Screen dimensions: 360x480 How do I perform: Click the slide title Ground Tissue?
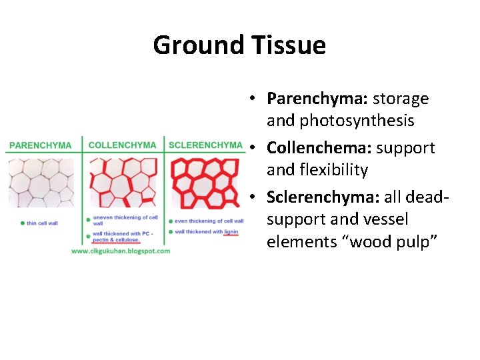click(x=239, y=45)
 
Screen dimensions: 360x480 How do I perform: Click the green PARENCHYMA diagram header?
click(x=41, y=145)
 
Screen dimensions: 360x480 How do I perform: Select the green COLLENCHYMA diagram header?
click(x=122, y=145)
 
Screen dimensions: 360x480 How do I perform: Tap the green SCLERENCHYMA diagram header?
click(x=205, y=145)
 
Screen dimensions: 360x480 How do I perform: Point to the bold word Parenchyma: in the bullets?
click(x=317, y=99)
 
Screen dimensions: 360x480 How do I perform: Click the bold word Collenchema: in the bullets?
click(x=322, y=148)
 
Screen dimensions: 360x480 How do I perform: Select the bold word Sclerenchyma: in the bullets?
click(x=323, y=197)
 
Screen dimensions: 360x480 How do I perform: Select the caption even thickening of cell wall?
click(x=209, y=221)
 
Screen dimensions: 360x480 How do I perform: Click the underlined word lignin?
click(x=231, y=232)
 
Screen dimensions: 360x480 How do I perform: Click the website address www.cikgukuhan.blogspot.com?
click(x=121, y=251)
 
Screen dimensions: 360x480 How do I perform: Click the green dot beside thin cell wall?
click(x=23, y=223)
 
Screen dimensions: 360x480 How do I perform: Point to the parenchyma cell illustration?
click(x=41, y=182)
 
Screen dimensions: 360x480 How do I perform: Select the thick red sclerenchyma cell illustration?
click(x=204, y=183)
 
